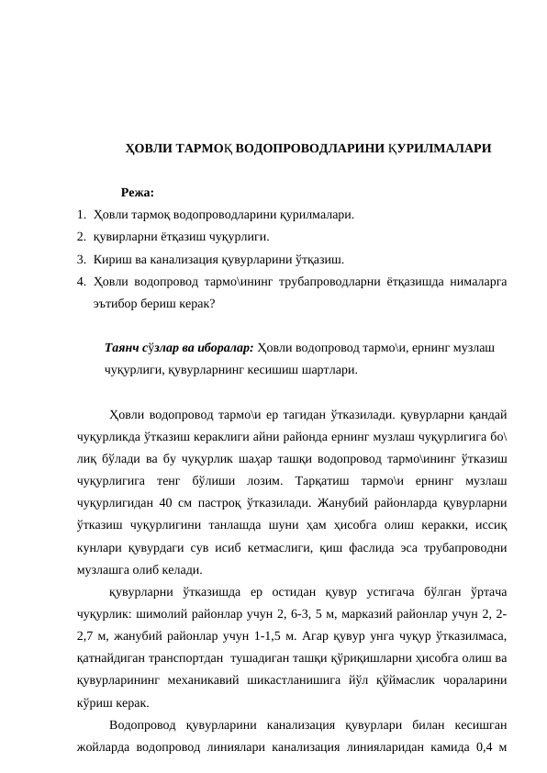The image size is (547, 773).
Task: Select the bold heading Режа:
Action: click(x=137, y=193)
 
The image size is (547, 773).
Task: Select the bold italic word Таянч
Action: click(x=122, y=349)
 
